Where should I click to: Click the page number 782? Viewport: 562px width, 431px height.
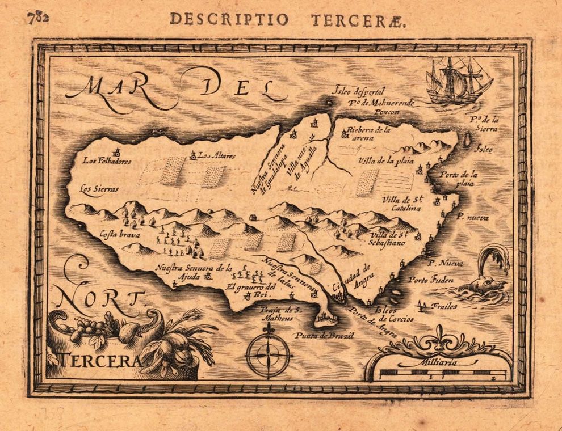pyautogui.click(x=38, y=17)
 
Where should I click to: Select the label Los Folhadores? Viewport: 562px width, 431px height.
pyautogui.click(x=107, y=161)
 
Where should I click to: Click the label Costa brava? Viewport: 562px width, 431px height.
pyautogui.click(x=120, y=233)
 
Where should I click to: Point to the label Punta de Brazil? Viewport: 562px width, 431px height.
pyautogui.click(x=324, y=336)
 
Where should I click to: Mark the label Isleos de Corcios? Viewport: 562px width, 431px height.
pyautogui.click(x=394, y=315)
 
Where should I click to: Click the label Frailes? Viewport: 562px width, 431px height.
pyautogui.click(x=444, y=306)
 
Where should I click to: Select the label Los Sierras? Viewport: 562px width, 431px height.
pyautogui.click(x=99, y=189)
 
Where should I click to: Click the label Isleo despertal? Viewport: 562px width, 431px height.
pyautogui.click(x=359, y=91)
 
